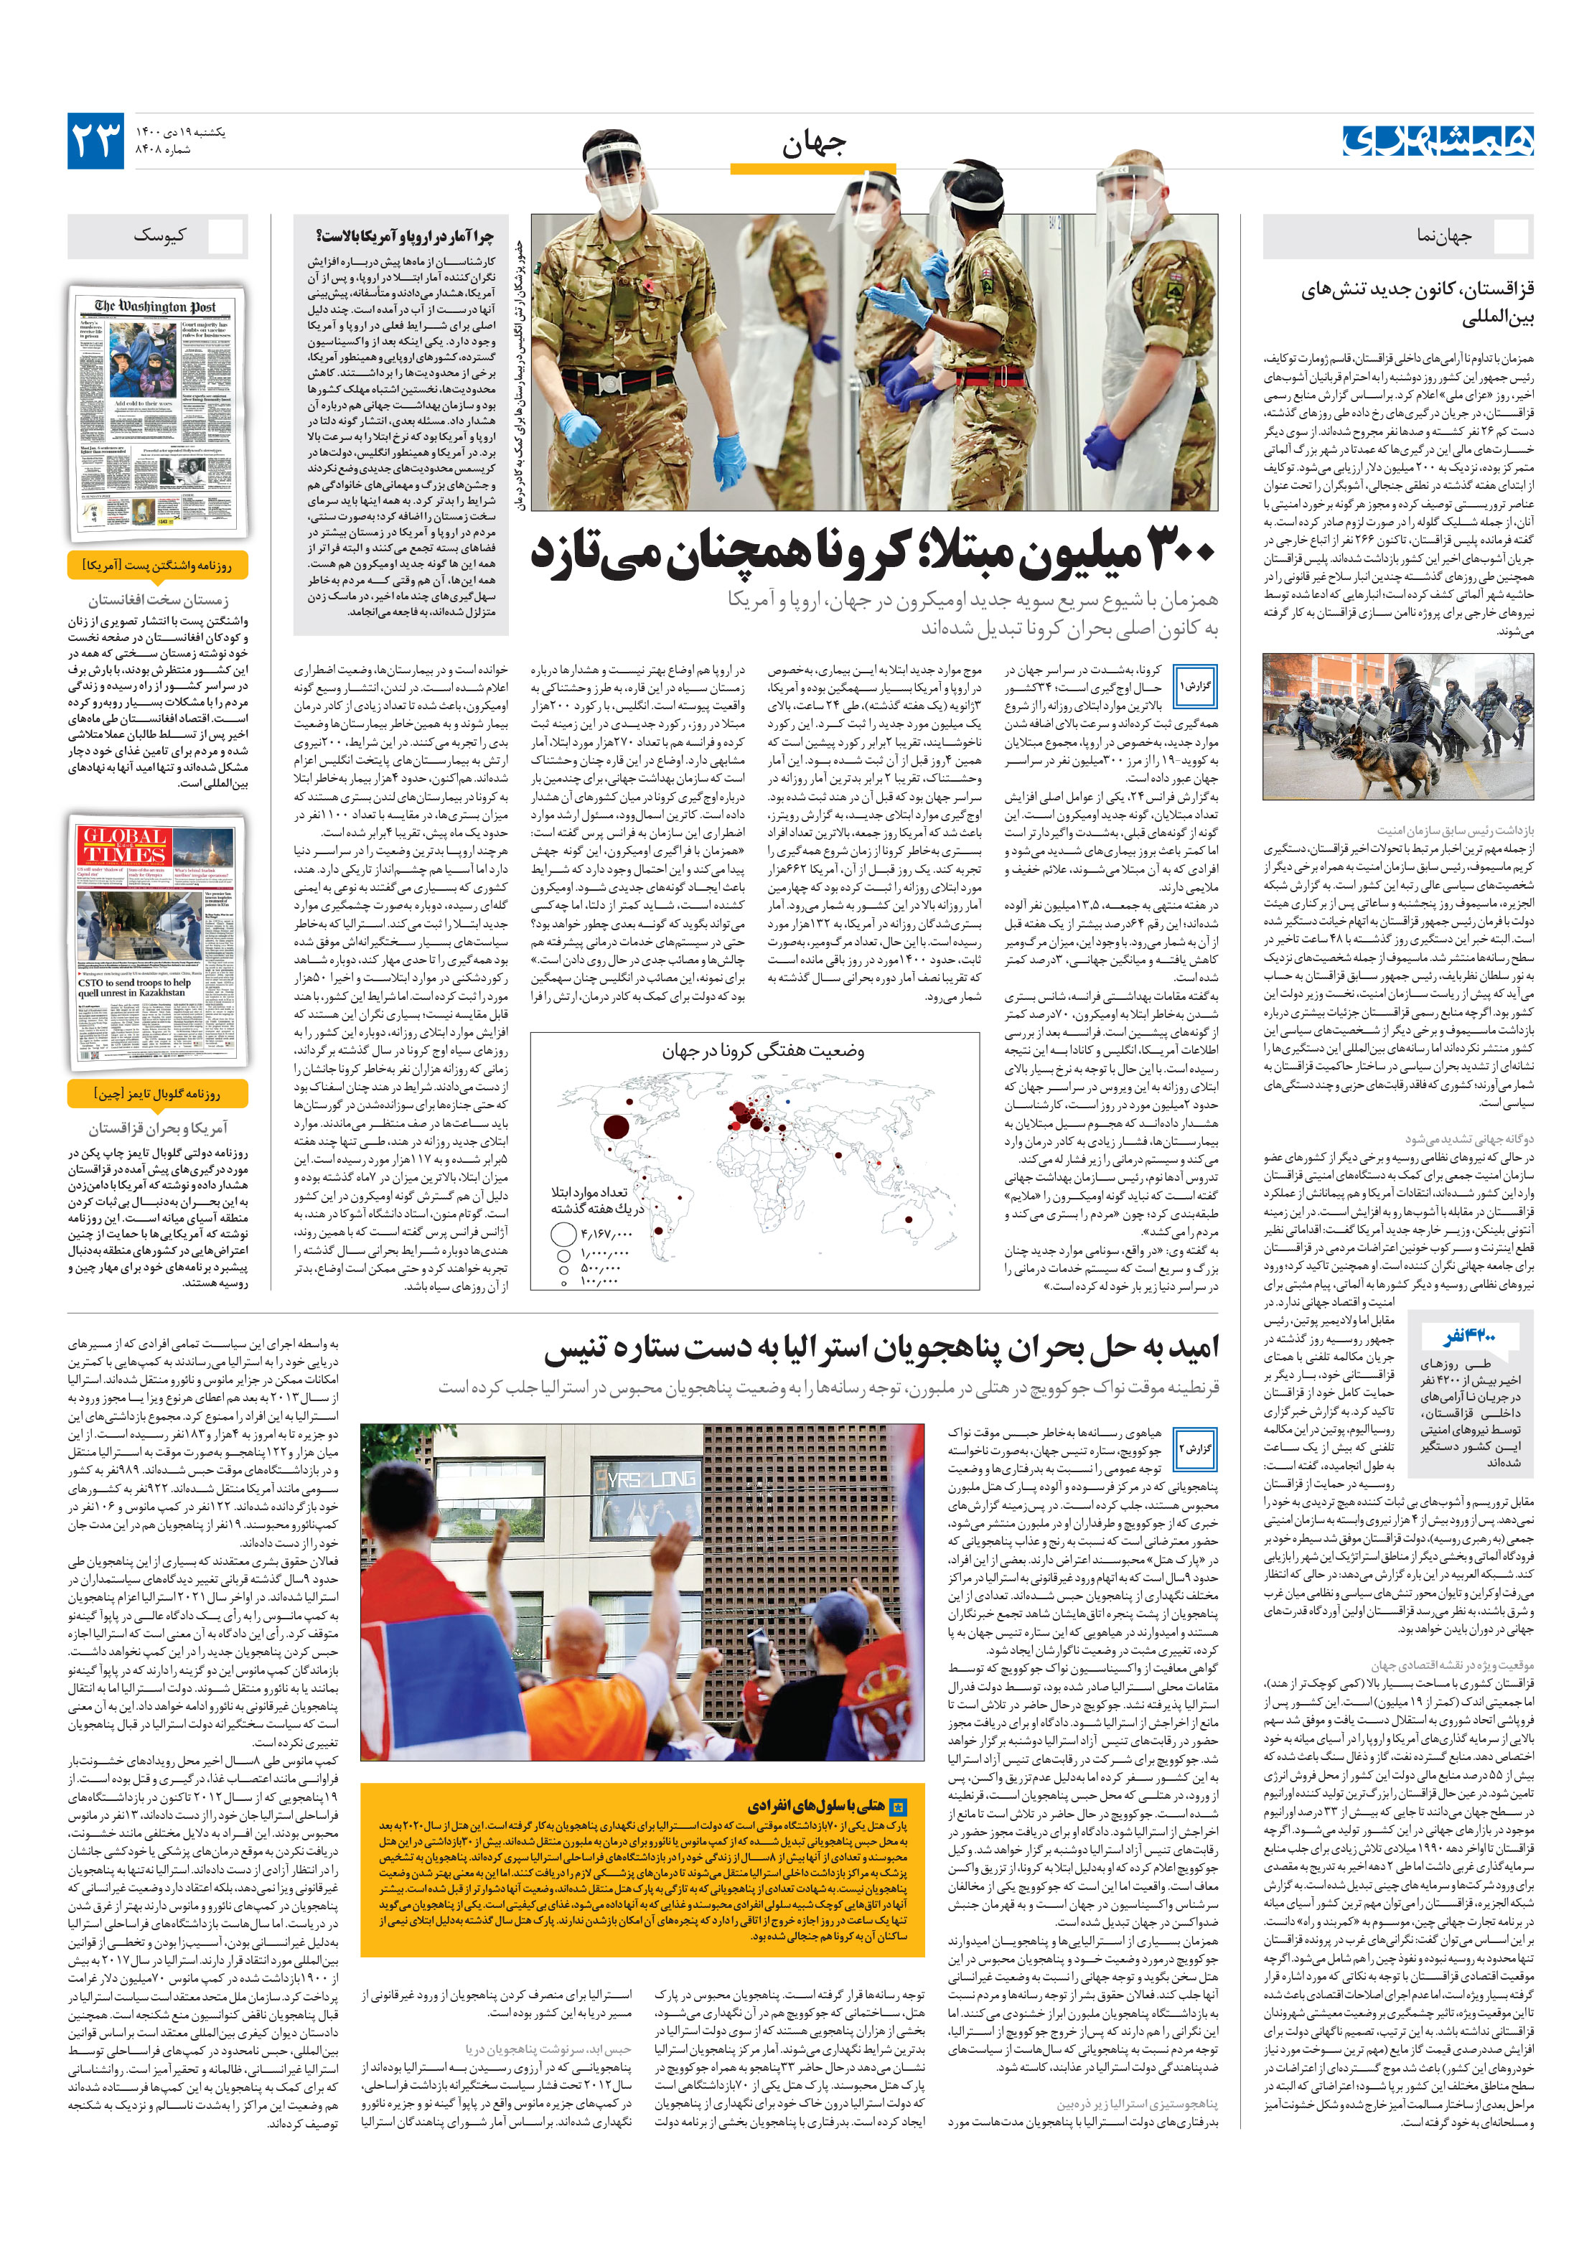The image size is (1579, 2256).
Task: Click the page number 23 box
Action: (95, 141)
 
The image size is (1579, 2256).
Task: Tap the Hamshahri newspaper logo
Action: (1436, 141)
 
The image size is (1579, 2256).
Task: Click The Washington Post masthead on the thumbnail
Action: (155, 306)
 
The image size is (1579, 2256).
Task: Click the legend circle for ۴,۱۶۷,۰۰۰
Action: (563, 1233)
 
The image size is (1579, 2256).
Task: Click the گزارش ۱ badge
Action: (1195, 685)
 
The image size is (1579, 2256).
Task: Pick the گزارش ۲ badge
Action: (1195, 1448)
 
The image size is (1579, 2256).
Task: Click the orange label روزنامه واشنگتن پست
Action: (157, 566)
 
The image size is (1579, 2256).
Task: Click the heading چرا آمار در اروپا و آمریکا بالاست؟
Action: (404, 236)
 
